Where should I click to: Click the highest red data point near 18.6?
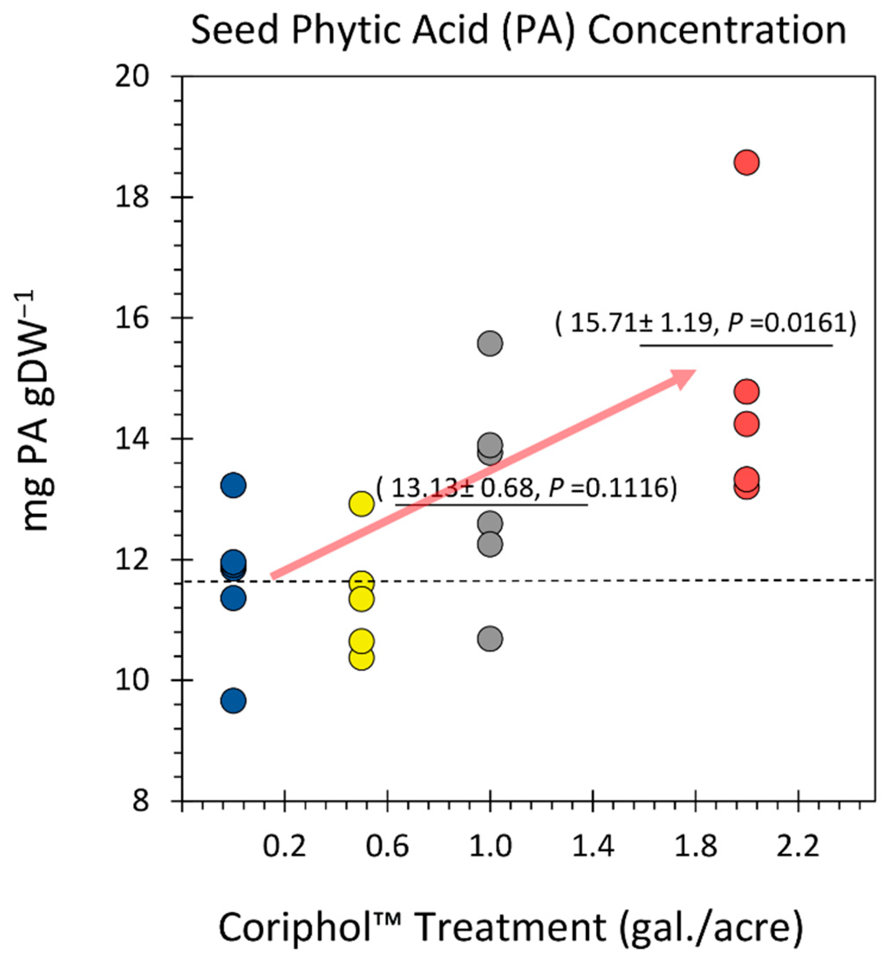tap(746, 163)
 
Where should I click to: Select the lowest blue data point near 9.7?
tap(234, 701)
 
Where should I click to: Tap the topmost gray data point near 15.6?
tap(490, 343)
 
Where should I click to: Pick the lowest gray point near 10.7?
tap(490, 639)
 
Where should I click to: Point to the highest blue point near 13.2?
tap(234, 485)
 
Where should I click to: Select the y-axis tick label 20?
tap(132, 77)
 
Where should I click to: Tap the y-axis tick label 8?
tap(140, 801)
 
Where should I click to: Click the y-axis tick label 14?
tap(132, 439)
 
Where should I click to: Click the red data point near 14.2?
tap(746, 424)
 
